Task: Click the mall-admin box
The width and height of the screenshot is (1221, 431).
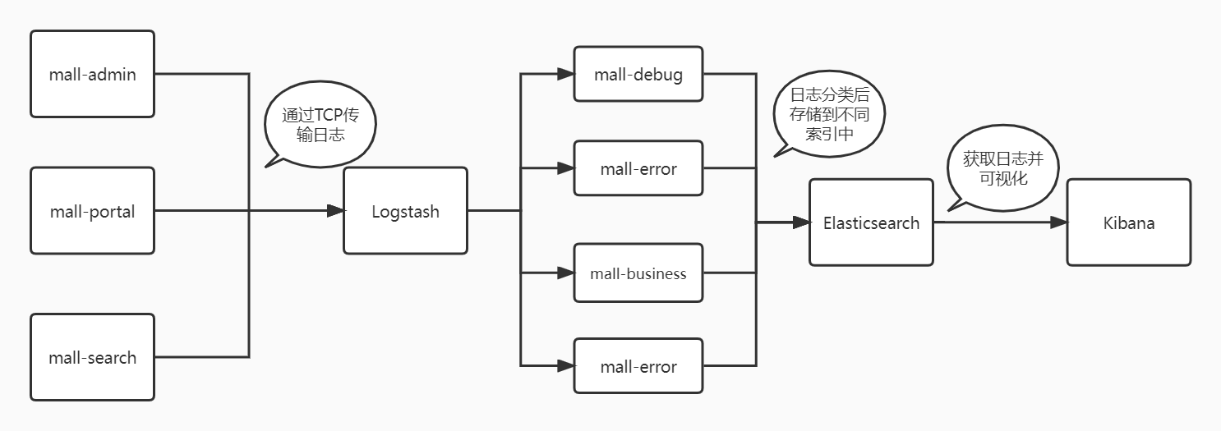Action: click(92, 74)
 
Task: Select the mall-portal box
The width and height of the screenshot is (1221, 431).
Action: click(92, 210)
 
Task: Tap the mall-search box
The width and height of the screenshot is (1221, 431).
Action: click(92, 357)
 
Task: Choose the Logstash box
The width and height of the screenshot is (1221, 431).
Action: click(405, 210)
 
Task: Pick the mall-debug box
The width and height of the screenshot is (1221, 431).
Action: click(638, 74)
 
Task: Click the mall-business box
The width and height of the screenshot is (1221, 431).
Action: click(638, 273)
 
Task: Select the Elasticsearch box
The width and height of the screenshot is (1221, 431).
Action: click(871, 222)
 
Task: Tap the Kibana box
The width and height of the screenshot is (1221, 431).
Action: click(1129, 222)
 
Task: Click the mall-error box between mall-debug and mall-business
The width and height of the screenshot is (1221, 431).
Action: click(638, 167)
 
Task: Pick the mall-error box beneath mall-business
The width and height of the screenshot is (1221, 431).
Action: click(638, 365)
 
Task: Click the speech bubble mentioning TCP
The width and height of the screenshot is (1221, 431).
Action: click(320, 124)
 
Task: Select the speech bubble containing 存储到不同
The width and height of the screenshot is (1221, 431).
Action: click(830, 113)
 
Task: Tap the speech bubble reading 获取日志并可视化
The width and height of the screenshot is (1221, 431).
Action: click(1003, 167)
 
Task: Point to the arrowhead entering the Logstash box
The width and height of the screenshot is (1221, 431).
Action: click(335, 210)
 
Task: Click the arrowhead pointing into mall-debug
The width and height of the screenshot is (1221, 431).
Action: click(566, 74)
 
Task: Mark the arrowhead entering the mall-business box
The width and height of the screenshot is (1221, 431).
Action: click(566, 273)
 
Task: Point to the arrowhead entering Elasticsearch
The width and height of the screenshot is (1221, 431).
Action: click(801, 222)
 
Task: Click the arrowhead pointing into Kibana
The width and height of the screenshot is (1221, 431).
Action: click(1058, 222)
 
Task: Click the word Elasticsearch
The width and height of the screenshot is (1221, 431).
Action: click(871, 222)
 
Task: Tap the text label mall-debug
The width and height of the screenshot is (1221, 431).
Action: click(638, 75)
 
